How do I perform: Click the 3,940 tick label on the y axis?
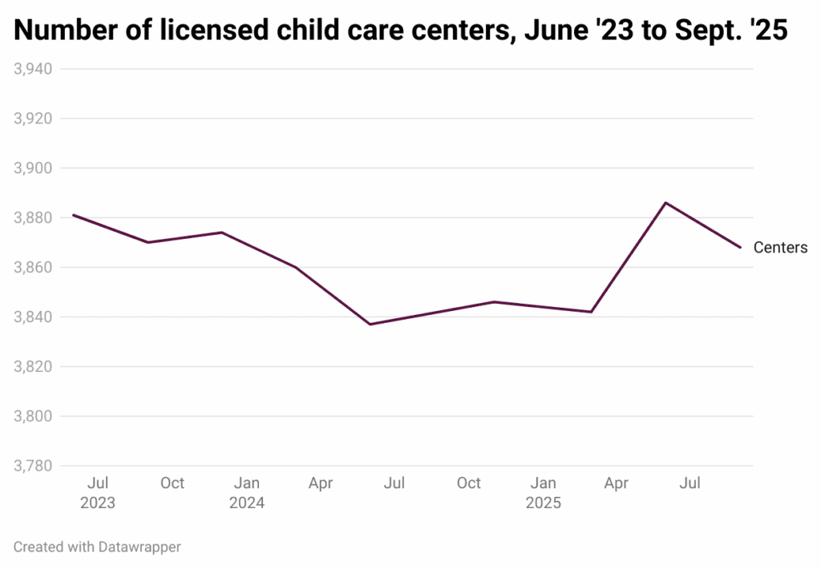[x=33, y=69]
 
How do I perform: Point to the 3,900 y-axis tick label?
[x=33, y=168]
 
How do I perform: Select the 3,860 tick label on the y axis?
[x=33, y=268]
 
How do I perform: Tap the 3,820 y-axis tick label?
[x=33, y=367]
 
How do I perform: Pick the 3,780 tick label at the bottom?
[x=33, y=466]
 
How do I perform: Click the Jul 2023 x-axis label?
[x=98, y=493]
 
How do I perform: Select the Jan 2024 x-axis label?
[x=246, y=493]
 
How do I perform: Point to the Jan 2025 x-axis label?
[x=543, y=493]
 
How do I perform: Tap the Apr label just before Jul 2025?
[x=617, y=483]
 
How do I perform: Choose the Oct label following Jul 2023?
[x=172, y=483]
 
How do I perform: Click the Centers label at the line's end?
[x=780, y=248]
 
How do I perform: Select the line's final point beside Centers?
[x=740, y=248]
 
